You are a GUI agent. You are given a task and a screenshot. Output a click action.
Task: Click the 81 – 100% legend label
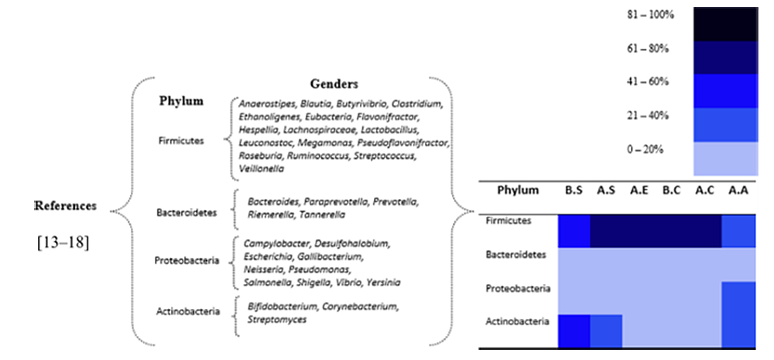pyautogui.click(x=650, y=15)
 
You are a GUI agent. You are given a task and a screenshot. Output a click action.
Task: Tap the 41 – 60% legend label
pyautogui.click(x=648, y=81)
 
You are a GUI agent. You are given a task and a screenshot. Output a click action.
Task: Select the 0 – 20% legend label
pyautogui.click(x=646, y=149)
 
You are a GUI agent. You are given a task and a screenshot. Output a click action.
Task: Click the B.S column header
pyautogui.click(x=574, y=190)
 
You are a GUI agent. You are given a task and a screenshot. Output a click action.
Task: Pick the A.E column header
pyautogui.click(x=639, y=190)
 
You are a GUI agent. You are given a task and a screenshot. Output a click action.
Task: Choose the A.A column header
pyautogui.click(x=738, y=190)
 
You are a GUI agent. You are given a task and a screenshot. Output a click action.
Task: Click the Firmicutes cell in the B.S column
pyautogui.click(x=574, y=231)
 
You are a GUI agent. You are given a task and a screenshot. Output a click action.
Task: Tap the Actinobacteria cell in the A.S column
pyautogui.click(x=606, y=331)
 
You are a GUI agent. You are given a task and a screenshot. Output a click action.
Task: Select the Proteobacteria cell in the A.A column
pyautogui.click(x=738, y=298)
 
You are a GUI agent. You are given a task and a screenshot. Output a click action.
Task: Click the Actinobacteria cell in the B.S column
pyautogui.click(x=574, y=331)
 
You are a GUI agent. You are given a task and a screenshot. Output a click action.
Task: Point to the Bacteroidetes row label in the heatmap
pyautogui.click(x=515, y=255)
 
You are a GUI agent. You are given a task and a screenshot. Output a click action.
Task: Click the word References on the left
pyautogui.click(x=65, y=206)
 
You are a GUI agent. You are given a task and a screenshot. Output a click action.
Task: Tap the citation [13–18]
pyautogui.click(x=63, y=243)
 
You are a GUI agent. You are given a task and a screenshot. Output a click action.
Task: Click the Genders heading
pyautogui.click(x=334, y=84)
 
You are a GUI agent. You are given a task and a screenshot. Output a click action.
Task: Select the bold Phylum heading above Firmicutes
pyautogui.click(x=181, y=101)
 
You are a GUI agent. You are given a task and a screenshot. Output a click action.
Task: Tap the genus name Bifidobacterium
pyautogui.click(x=283, y=307)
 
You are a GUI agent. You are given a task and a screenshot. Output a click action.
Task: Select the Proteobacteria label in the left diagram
pyautogui.click(x=187, y=261)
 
